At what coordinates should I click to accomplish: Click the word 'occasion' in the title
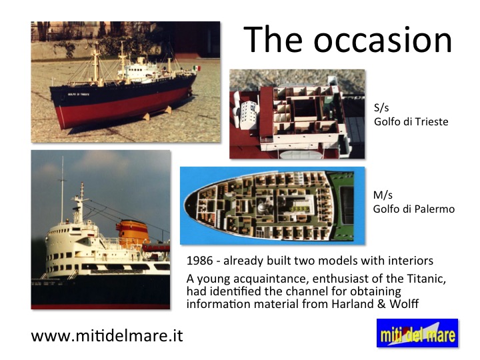click(383, 41)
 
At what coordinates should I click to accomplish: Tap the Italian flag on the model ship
click(197, 68)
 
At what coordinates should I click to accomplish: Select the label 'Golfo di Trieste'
click(411, 122)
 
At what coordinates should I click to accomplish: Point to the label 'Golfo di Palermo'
click(413, 209)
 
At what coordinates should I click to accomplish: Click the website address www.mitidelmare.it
click(107, 336)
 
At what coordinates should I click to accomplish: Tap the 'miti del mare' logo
click(417, 333)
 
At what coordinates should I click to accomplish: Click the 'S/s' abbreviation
click(381, 108)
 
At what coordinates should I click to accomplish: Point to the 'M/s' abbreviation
click(383, 195)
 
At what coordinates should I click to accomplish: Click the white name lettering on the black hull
click(79, 94)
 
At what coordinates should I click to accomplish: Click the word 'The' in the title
click(273, 40)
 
